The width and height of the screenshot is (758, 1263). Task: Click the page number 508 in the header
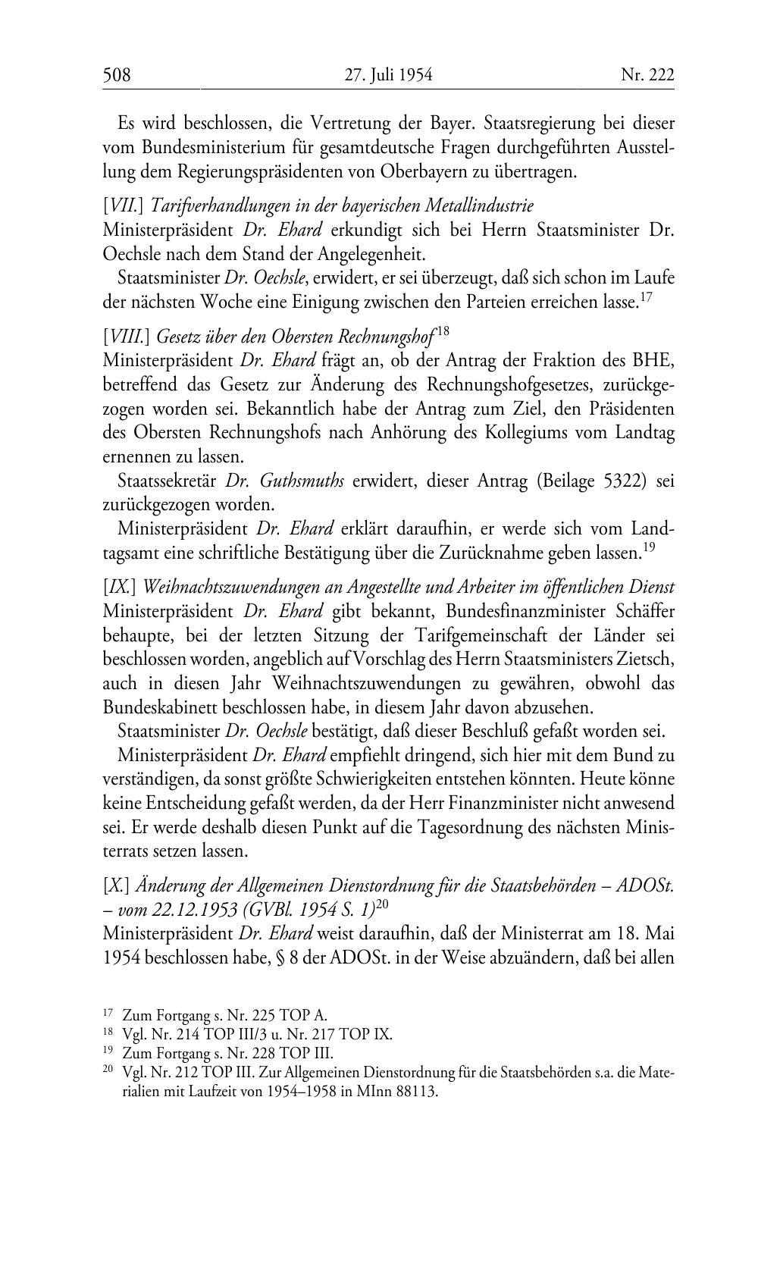(117, 75)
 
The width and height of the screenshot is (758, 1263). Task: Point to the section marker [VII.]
(118, 205)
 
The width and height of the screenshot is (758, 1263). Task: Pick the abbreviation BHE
(656, 360)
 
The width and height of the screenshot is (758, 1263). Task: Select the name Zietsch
(645, 660)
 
